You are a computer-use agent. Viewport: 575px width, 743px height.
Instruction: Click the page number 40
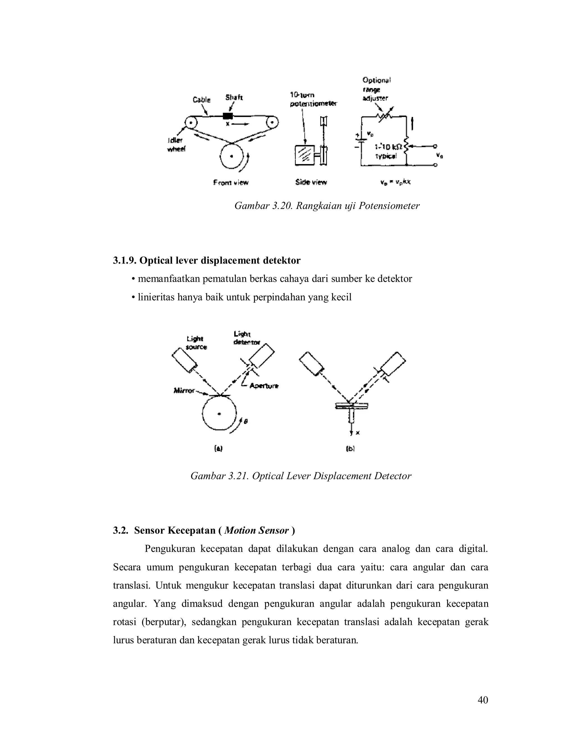tap(483, 700)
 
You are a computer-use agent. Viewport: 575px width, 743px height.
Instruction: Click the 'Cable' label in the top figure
tap(201, 100)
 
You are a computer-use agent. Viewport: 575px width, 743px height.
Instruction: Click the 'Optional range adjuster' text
tap(376, 89)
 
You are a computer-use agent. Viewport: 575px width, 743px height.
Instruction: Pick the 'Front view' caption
tap(231, 183)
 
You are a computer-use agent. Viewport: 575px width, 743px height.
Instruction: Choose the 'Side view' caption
tap(311, 182)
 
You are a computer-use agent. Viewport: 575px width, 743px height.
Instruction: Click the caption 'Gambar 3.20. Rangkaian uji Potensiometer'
tap(327, 206)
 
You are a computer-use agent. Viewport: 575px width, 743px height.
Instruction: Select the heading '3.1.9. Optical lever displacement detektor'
tap(206, 260)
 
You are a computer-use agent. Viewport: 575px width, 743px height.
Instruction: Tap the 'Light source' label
tap(196, 343)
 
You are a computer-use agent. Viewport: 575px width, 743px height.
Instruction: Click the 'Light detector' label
tap(247, 338)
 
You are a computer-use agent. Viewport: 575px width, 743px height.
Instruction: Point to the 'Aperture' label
tap(264, 386)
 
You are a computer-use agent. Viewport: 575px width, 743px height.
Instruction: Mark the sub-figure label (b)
tap(350, 449)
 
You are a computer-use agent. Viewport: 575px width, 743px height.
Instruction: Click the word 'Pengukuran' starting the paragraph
tap(170, 549)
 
